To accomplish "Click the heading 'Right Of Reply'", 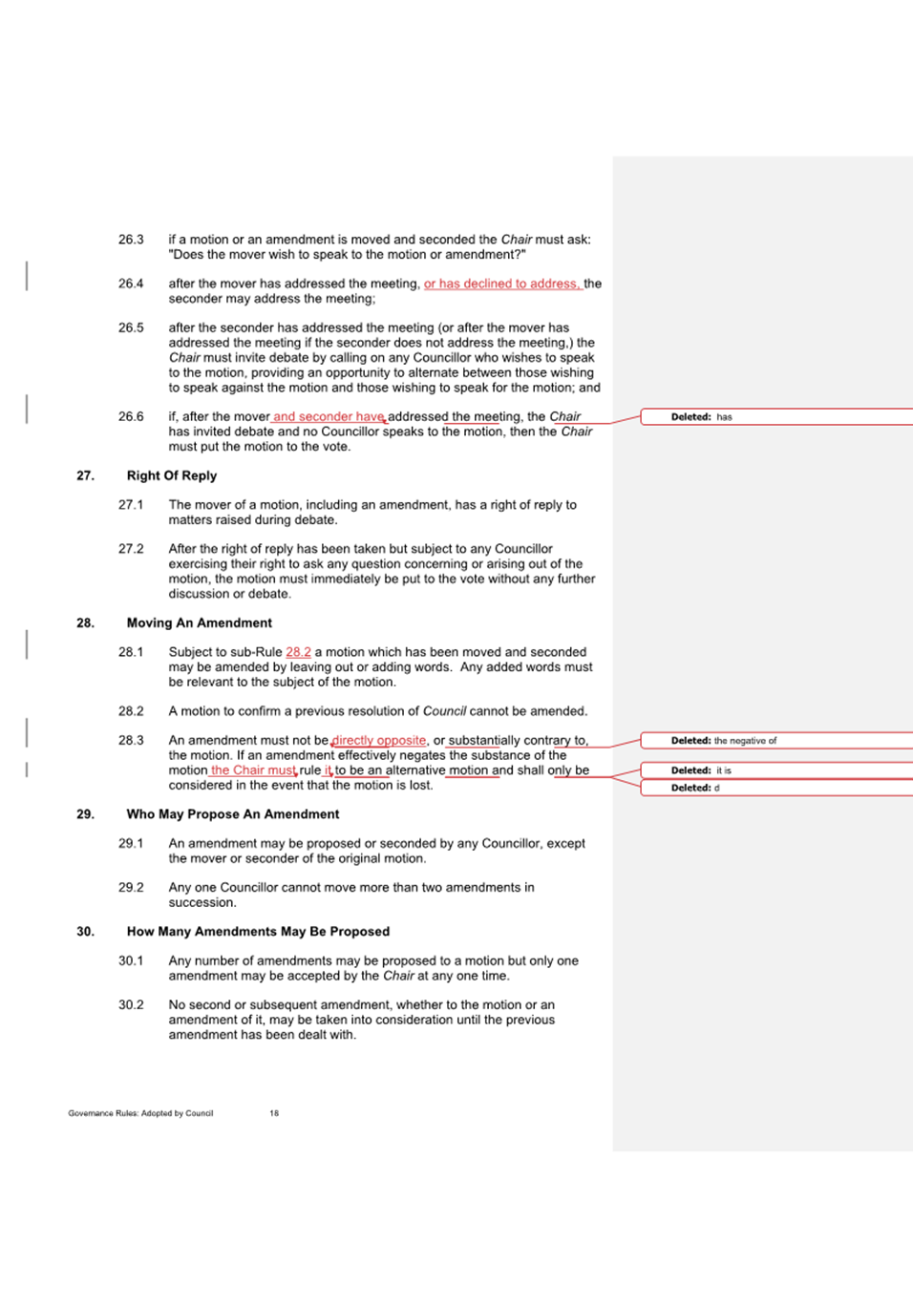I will click(x=172, y=475).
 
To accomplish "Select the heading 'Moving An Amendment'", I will click(x=199, y=622).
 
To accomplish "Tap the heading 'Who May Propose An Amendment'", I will click(x=232, y=814).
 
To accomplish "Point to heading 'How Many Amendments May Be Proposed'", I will click(x=258, y=932).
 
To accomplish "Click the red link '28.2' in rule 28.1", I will click(x=298, y=652).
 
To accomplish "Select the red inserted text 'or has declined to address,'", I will click(x=502, y=284).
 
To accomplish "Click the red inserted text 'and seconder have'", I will click(x=329, y=416).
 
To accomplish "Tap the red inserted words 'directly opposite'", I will click(x=379, y=740).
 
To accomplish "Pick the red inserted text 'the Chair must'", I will click(x=253, y=770).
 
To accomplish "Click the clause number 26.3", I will click(x=131, y=240).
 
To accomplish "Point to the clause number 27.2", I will click(x=131, y=549).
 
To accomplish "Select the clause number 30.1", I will click(x=131, y=960).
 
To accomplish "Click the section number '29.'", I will click(x=86, y=814).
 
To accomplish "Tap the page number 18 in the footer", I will click(x=274, y=1113).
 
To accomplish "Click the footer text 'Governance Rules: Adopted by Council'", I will click(x=140, y=1113).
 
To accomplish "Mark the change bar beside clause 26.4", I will click(x=27, y=276).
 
